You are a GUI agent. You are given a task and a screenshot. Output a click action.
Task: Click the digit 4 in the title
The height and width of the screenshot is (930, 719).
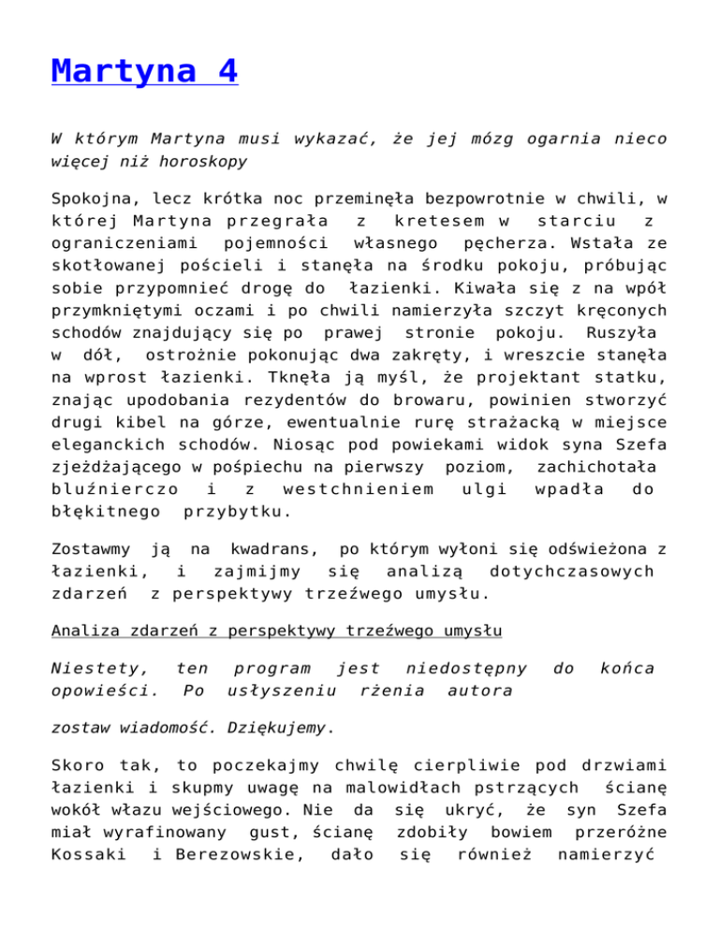coord(223,71)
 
